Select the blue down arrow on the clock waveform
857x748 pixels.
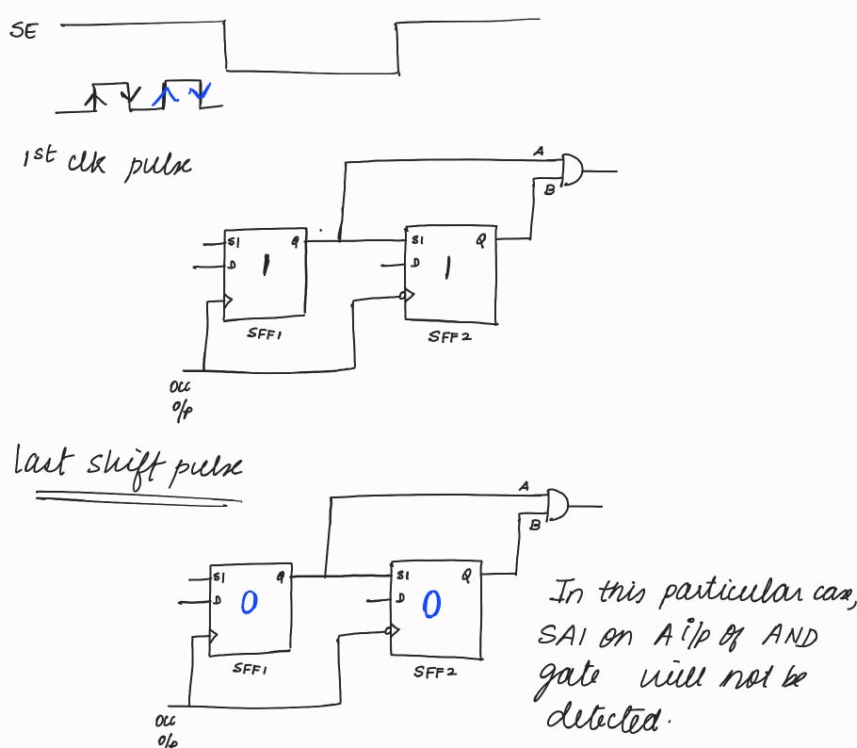click(x=200, y=91)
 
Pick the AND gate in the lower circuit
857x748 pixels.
click(x=558, y=504)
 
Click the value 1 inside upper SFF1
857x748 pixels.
click(x=267, y=268)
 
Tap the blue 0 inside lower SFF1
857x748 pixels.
click(x=249, y=602)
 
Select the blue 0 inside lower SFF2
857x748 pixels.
click(x=430, y=605)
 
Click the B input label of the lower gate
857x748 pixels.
click(x=535, y=525)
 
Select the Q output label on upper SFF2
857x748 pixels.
click(x=480, y=240)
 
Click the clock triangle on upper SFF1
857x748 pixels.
click(x=227, y=302)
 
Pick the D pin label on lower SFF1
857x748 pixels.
click(x=218, y=600)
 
